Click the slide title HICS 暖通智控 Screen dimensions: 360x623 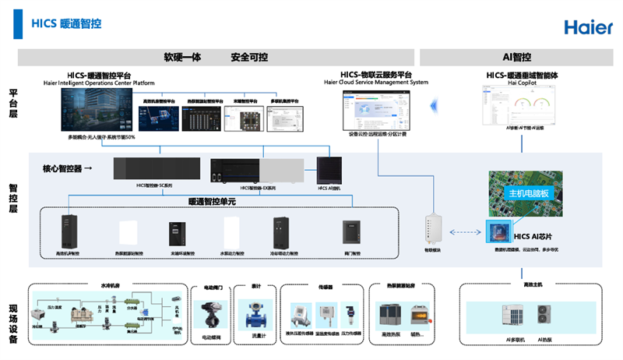click(x=66, y=24)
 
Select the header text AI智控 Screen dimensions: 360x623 click(x=517, y=58)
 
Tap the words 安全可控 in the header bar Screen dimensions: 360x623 click(x=249, y=58)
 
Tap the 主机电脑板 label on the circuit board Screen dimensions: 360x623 click(x=529, y=193)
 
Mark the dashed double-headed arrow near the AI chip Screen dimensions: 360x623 click(x=465, y=231)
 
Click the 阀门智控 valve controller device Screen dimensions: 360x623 click(x=350, y=232)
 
